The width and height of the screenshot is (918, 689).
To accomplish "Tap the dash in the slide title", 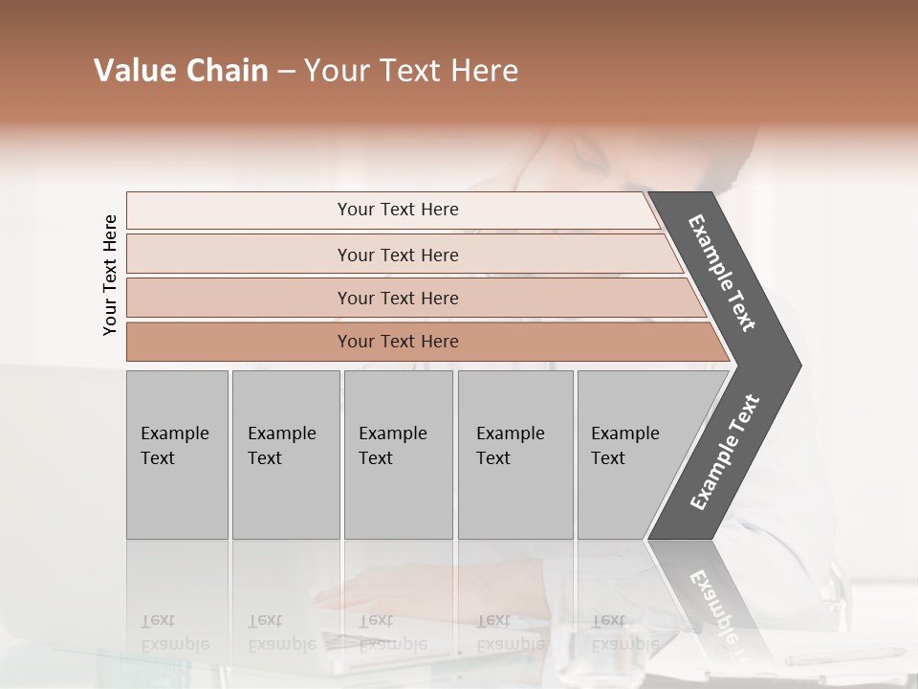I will coord(286,72).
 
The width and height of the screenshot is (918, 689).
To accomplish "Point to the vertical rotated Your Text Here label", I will coord(110,275).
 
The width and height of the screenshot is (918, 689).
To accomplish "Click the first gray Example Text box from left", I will coord(177,455).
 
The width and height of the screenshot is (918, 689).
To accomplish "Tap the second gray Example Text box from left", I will coord(286,455).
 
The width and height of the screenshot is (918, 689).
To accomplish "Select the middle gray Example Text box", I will coord(398,455).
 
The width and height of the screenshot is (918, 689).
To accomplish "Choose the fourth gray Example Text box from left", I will coord(515,455).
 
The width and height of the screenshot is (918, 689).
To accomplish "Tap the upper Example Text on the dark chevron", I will coord(722,273).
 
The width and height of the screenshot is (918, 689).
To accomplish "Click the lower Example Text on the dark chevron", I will coord(725,453).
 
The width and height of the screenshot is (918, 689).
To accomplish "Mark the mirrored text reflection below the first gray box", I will coord(174,633).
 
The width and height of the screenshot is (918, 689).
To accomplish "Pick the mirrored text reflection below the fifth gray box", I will coord(624,633).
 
